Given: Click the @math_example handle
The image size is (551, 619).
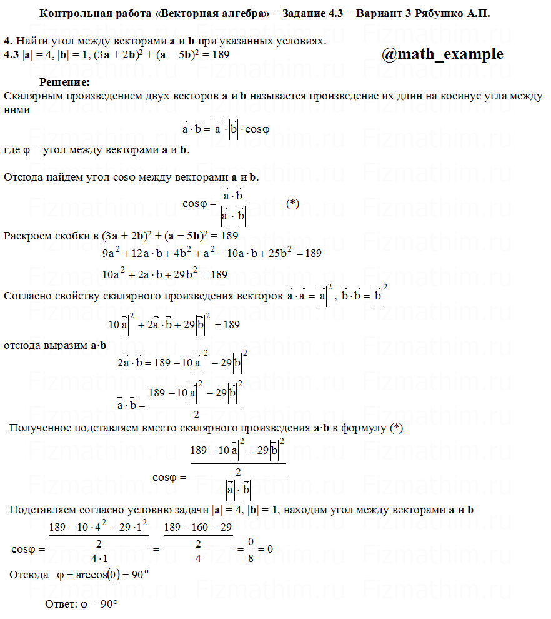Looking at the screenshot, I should click(442, 54).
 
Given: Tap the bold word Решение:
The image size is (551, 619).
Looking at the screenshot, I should click(65, 82).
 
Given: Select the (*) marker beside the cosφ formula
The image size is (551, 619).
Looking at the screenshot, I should click(292, 203).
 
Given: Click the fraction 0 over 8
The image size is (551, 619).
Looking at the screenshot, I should click(251, 550).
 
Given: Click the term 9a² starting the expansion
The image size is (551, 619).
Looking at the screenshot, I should click(111, 253).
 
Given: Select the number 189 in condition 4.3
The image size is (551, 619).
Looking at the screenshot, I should click(220, 54).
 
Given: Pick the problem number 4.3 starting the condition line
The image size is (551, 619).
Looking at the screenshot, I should click(11, 54).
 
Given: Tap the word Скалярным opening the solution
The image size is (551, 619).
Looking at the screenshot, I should click(32, 96).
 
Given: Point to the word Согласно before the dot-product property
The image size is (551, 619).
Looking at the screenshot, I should click(29, 296).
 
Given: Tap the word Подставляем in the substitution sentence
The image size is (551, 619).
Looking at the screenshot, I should click(42, 510).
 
